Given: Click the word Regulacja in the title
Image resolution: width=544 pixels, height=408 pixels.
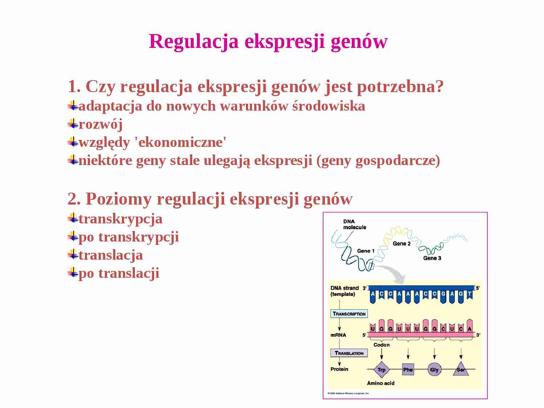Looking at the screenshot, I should pyautogui.click(x=194, y=41).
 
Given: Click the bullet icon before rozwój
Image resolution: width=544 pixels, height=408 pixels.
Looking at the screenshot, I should pyautogui.click(x=73, y=124).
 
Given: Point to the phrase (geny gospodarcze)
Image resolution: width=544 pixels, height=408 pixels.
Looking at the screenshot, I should pyautogui.click(x=378, y=160).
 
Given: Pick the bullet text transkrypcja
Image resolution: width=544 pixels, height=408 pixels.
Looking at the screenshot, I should pyautogui.click(x=120, y=219).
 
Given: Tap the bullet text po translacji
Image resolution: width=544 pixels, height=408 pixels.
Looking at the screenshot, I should pyautogui.click(x=119, y=273).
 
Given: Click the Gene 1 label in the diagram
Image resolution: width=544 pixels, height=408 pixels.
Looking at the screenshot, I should pyautogui.click(x=366, y=251).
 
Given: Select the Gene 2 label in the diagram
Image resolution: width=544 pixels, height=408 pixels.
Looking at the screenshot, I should pyautogui.click(x=401, y=244).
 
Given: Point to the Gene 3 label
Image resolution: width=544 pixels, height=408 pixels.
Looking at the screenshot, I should pyautogui.click(x=432, y=258).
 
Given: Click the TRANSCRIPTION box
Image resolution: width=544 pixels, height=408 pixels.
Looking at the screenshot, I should pyautogui.click(x=349, y=314).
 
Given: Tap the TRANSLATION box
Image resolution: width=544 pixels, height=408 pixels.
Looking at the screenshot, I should pyautogui.click(x=349, y=353).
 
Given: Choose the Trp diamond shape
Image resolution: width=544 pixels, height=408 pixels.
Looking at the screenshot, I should pyautogui.click(x=381, y=370).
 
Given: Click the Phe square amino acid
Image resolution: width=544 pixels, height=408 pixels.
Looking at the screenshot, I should pyautogui.click(x=408, y=370).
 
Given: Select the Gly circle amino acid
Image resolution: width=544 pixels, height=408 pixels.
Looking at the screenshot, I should pyautogui.click(x=434, y=370).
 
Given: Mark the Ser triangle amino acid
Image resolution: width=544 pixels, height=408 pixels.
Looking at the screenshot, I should pyautogui.click(x=461, y=369).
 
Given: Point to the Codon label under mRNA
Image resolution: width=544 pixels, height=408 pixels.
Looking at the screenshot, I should pyautogui.click(x=382, y=345).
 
